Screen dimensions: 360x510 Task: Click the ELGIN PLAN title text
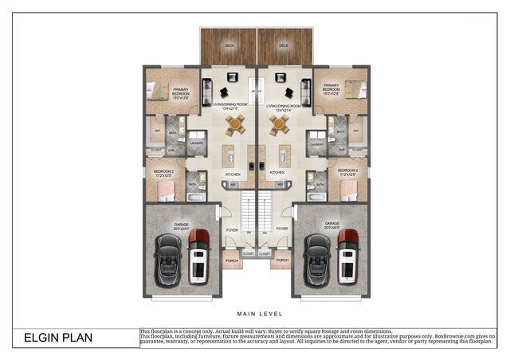(x=57, y=338)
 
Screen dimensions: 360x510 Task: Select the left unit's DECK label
(x=229, y=46)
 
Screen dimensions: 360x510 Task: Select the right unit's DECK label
(x=282, y=46)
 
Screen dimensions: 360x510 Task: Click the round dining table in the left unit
(x=235, y=123)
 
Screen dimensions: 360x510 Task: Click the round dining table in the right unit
(x=279, y=123)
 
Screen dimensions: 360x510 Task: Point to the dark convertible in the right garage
(x=317, y=260)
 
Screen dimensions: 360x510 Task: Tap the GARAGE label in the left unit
(x=181, y=224)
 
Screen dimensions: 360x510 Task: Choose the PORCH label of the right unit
(x=282, y=260)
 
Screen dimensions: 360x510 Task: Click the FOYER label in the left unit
(x=232, y=229)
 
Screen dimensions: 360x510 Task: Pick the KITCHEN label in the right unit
(x=277, y=172)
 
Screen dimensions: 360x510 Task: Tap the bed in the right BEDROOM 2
(x=349, y=190)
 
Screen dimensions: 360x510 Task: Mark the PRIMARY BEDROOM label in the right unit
(x=331, y=89)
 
